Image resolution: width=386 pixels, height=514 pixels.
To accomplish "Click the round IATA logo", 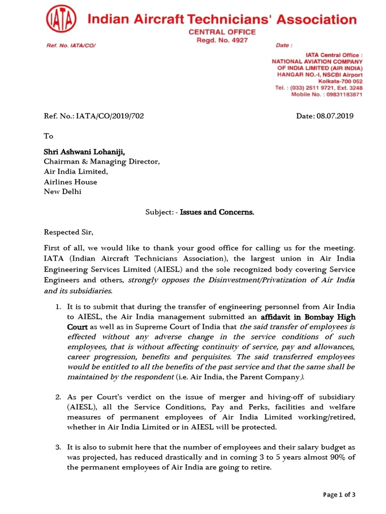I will (x=61, y=21).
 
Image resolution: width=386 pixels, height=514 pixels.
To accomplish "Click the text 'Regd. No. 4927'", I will (x=222, y=40).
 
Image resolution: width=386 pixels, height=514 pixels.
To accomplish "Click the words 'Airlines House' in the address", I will (x=70, y=182).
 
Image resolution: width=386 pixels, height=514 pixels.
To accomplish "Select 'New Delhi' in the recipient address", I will (x=62, y=191).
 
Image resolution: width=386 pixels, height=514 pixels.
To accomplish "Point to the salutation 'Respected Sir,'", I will (x=69, y=232).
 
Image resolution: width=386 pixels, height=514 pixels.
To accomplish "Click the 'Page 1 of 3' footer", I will (x=339, y=495).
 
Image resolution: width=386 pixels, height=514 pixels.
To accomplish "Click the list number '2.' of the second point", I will (x=58, y=397).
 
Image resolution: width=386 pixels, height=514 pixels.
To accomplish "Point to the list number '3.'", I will (x=58, y=447).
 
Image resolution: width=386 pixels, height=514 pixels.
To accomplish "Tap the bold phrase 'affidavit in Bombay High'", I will (x=308, y=317).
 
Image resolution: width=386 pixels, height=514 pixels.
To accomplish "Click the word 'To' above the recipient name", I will (x=48, y=136).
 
